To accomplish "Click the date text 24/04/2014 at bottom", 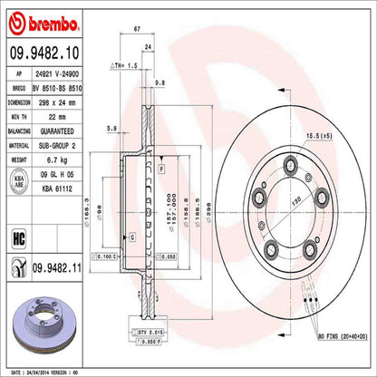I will click(48, 371).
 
